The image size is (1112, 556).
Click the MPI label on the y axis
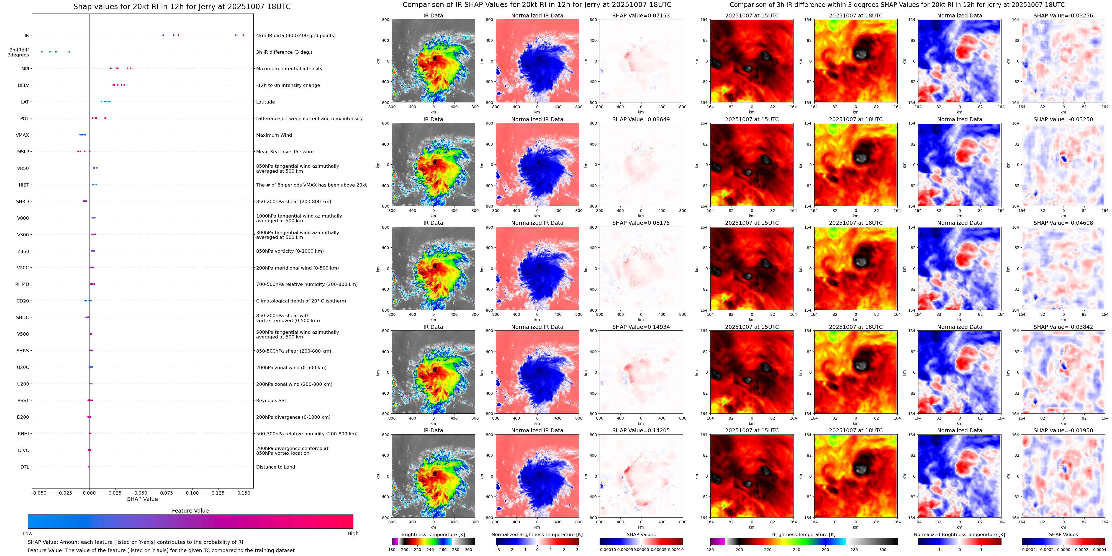[25, 69]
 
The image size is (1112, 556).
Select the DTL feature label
[25, 467]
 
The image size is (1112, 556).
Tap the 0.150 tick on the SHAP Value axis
[243, 493]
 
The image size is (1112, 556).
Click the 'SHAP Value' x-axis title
[142, 499]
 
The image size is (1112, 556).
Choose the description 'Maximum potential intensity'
[289, 69]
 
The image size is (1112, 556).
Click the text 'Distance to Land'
[275, 467]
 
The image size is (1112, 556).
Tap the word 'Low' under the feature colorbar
[28, 534]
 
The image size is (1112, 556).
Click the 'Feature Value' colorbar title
[190, 511]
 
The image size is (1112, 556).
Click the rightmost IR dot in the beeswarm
[243, 35]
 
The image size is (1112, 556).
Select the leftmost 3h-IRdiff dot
[42, 52]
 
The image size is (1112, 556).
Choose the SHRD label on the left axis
[22, 201]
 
